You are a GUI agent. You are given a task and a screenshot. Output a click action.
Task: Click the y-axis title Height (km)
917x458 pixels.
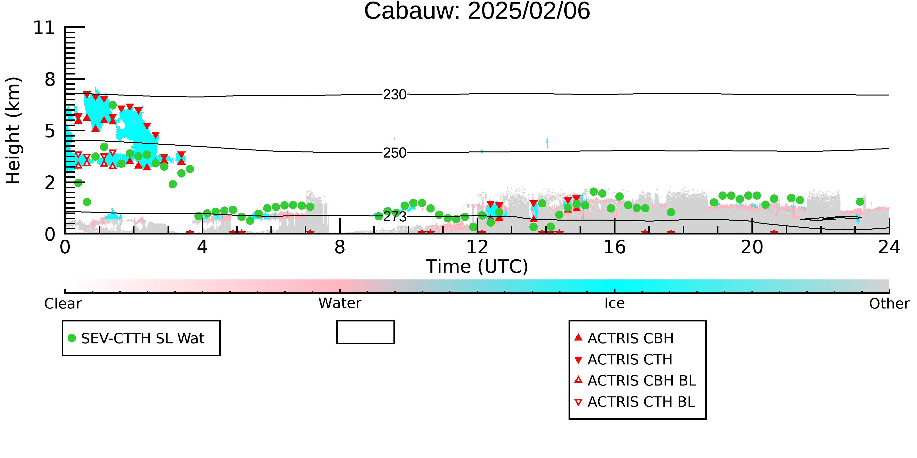[x=13, y=130]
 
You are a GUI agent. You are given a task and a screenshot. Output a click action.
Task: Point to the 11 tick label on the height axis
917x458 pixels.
[x=44, y=28]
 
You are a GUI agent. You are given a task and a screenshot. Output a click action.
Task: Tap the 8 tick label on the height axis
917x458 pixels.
[x=50, y=79]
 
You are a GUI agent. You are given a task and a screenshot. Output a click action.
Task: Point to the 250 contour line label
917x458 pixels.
[x=394, y=153]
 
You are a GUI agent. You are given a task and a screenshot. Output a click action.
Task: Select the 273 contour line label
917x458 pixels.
[x=394, y=217]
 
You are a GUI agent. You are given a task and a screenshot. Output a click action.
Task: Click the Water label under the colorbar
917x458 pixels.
[x=340, y=303]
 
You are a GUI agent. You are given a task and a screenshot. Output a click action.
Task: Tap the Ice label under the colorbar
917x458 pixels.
[x=615, y=303]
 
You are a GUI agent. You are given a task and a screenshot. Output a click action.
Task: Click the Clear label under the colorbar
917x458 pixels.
[x=63, y=304]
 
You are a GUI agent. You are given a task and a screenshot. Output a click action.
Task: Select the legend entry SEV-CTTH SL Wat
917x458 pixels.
[x=136, y=338]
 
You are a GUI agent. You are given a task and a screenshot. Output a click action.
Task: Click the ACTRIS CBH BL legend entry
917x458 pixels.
[x=635, y=381]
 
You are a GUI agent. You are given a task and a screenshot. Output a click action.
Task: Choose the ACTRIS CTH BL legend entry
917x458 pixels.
[x=635, y=402]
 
